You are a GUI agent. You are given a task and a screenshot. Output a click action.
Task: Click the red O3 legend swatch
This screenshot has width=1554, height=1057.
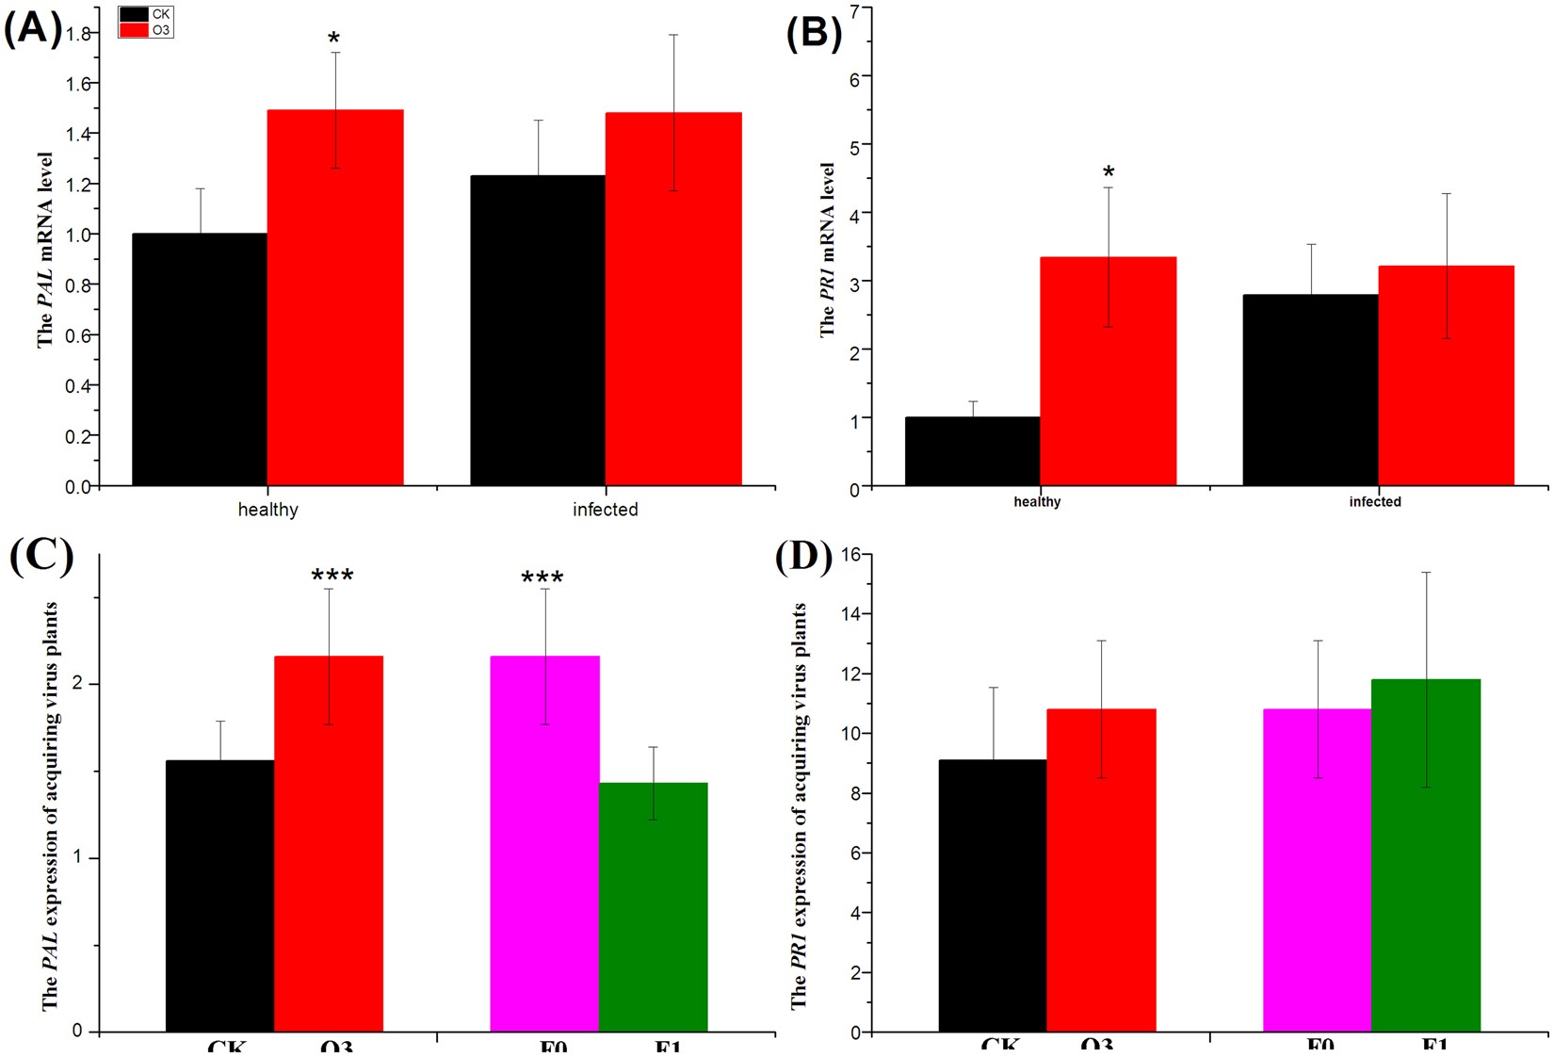click(x=135, y=30)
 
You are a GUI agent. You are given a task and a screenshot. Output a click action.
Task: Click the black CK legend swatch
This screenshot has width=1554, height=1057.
click(x=135, y=15)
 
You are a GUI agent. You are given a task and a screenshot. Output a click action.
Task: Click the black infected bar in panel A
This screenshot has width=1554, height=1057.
click(x=538, y=330)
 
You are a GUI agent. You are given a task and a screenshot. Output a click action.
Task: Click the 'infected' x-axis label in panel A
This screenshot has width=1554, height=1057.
click(x=605, y=510)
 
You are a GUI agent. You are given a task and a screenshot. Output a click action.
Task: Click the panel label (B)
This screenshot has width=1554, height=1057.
click(x=814, y=32)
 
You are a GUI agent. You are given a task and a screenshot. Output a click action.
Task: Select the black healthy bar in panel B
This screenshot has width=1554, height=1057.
click(x=972, y=451)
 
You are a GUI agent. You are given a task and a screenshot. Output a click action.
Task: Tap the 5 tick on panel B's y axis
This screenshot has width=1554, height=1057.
click(x=853, y=145)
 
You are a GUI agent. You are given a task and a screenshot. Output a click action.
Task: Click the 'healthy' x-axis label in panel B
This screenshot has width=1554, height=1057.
click(x=1037, y=502)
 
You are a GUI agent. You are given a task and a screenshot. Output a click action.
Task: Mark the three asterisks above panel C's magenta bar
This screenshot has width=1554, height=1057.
click(x=542, y=577)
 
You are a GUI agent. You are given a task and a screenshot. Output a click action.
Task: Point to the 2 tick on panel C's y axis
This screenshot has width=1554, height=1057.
click(x=78, y=683)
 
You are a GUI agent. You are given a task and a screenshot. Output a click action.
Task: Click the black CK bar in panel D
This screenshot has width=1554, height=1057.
click(x=992, y=895)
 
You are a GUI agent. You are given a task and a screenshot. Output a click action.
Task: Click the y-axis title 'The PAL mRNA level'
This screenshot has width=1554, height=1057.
click(x=45, y=250)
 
